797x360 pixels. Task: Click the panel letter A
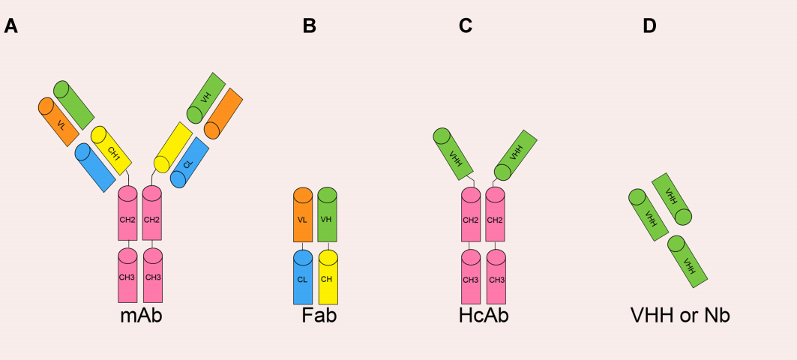point(10,26)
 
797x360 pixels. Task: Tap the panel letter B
point(310,26)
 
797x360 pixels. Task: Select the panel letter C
point(466,26)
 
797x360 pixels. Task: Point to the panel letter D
point(649,26)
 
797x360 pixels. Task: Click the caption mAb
point(141,315)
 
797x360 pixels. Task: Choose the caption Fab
point(319,315)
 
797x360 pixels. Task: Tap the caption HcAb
point(484,315)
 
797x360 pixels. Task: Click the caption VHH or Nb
point(680,315)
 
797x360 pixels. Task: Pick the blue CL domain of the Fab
point(303,278)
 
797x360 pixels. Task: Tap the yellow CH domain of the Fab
point(328,278)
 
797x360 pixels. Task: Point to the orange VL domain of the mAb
point(59,122)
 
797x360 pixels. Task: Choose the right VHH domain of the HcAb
point(516,155)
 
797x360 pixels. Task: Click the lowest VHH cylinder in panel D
point(688,262)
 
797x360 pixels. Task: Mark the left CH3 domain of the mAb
point(127,275)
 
